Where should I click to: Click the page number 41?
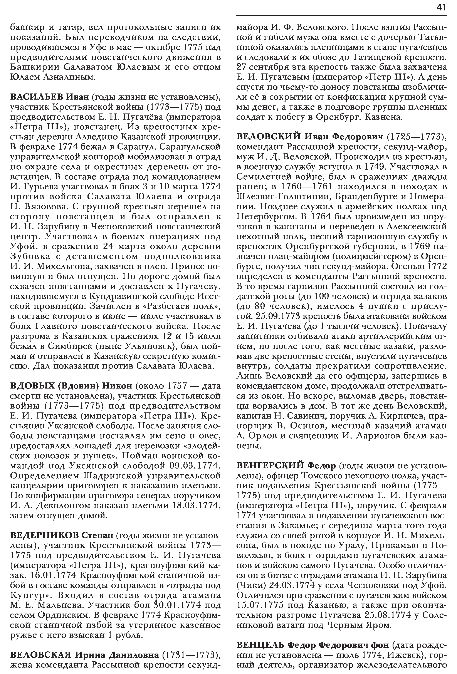(x=441, y=8)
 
